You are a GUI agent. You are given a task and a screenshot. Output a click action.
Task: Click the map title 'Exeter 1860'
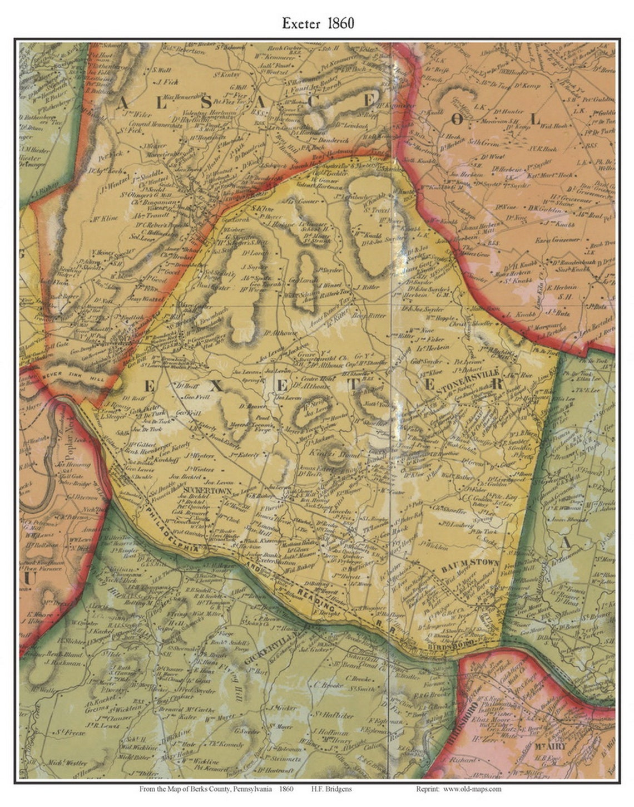point(318,23)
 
